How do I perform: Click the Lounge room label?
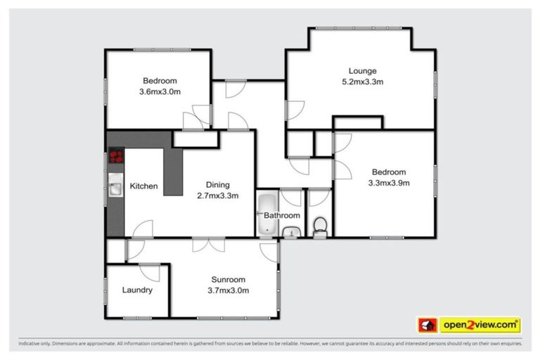point(363,70)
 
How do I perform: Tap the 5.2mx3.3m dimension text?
point(363,82)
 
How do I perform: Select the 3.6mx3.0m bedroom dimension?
point(160,91)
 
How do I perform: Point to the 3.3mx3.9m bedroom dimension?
point(388,183)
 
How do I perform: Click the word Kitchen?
point(143,186)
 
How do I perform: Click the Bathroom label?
point(282,215)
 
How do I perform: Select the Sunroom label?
point(229,278)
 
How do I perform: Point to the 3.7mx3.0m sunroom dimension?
point(229,290)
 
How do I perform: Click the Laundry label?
point(137,290)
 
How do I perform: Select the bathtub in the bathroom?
point(266,214)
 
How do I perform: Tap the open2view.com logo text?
point(480,325)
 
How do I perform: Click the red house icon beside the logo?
point(427,325)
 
